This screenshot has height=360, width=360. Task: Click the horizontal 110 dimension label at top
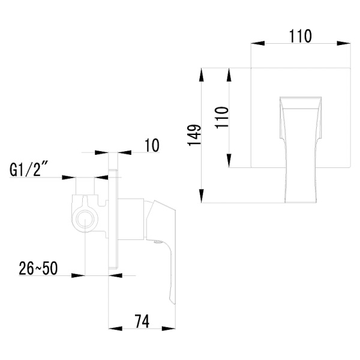point(300,36)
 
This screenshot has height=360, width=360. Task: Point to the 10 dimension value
point(151,145)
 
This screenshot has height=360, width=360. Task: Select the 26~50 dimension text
point(38,268)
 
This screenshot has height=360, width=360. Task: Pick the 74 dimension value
point(141,321)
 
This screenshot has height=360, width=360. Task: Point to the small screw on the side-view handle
point(157,243)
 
